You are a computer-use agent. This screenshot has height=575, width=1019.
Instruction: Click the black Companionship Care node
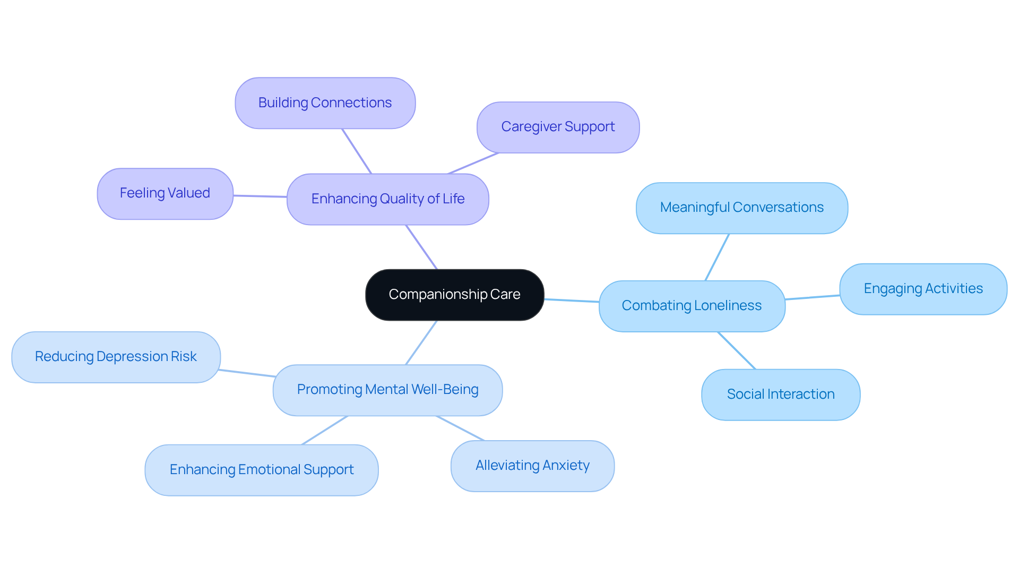point(454,295)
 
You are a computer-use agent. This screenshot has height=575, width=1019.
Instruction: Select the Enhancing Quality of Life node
point(387,199)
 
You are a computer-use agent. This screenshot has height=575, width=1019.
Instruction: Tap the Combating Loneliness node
point(692,306)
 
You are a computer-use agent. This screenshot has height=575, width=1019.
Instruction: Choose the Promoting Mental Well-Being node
point(387,390)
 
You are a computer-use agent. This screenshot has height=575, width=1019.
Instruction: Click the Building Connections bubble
point(325,103)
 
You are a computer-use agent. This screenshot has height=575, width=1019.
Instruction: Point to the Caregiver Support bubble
point(558,127)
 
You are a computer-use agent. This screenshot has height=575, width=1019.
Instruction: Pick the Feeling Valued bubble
point(165,193)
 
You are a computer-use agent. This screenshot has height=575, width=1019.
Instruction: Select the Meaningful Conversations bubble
point(741,208)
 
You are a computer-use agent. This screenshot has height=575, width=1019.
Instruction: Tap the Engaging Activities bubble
point(923,289)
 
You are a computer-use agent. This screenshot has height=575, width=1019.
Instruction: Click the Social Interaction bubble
point(780,394)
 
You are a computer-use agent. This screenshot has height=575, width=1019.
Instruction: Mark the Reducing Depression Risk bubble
point(116,357)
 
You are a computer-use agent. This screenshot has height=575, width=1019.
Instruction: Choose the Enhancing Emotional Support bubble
point(261,470)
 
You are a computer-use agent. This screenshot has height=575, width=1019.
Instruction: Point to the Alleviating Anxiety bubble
point(532,466)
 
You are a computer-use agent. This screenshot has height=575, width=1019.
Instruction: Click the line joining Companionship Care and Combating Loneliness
point(572,301)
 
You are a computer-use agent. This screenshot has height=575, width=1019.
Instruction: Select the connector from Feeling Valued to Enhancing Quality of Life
point(260,196)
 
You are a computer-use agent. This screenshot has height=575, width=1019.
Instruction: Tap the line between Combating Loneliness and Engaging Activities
point(812,297)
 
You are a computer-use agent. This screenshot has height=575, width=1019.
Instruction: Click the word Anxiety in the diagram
point(566,466)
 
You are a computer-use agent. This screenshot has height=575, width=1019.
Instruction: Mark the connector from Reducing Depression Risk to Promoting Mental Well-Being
point(247,373)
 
